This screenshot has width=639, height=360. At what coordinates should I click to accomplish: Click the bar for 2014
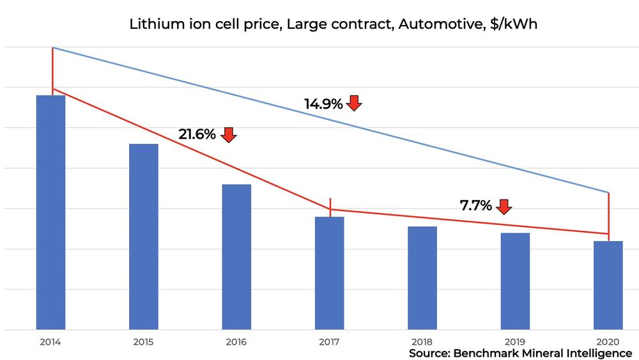click(50, 212)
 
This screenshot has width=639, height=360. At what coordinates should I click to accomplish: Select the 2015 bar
click(143, 237)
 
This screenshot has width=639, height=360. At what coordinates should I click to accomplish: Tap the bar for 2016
click(236, 257)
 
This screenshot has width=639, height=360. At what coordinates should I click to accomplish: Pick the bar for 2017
click(329, 273)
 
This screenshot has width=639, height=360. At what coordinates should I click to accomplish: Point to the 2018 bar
click(422, 278)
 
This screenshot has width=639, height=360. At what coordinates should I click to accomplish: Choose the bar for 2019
click(515, 281)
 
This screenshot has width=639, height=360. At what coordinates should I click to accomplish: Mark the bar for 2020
click(608, 285)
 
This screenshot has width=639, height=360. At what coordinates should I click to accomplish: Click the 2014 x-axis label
click(50, 341)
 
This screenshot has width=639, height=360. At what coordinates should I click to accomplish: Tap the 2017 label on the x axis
click(329, 341)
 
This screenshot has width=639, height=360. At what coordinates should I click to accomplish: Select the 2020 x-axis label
click(608, 341)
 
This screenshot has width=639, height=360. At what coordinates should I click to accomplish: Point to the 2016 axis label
click(236, 341)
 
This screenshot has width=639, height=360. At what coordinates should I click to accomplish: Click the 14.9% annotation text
click(323, 104)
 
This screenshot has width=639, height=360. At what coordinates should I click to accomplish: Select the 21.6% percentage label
click(197, 134)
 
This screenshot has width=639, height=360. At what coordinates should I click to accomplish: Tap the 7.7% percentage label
click(475, 205)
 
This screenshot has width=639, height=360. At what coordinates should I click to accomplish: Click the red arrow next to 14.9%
click(354, 103)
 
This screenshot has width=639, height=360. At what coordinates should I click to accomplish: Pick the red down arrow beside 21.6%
click(228, 135)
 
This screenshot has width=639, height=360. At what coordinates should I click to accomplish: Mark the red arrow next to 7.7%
click(504, 207)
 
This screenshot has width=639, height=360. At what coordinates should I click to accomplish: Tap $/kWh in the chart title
click(514, 24)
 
